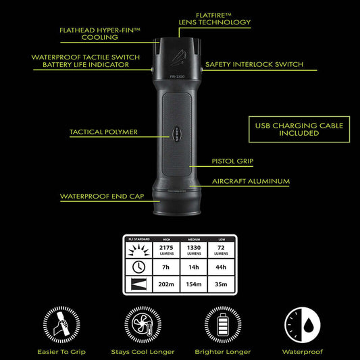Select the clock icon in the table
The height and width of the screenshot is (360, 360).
coord(138,266)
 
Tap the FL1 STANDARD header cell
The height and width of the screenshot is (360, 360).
coord(138,239)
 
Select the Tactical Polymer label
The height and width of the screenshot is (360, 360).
coord(103,132)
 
